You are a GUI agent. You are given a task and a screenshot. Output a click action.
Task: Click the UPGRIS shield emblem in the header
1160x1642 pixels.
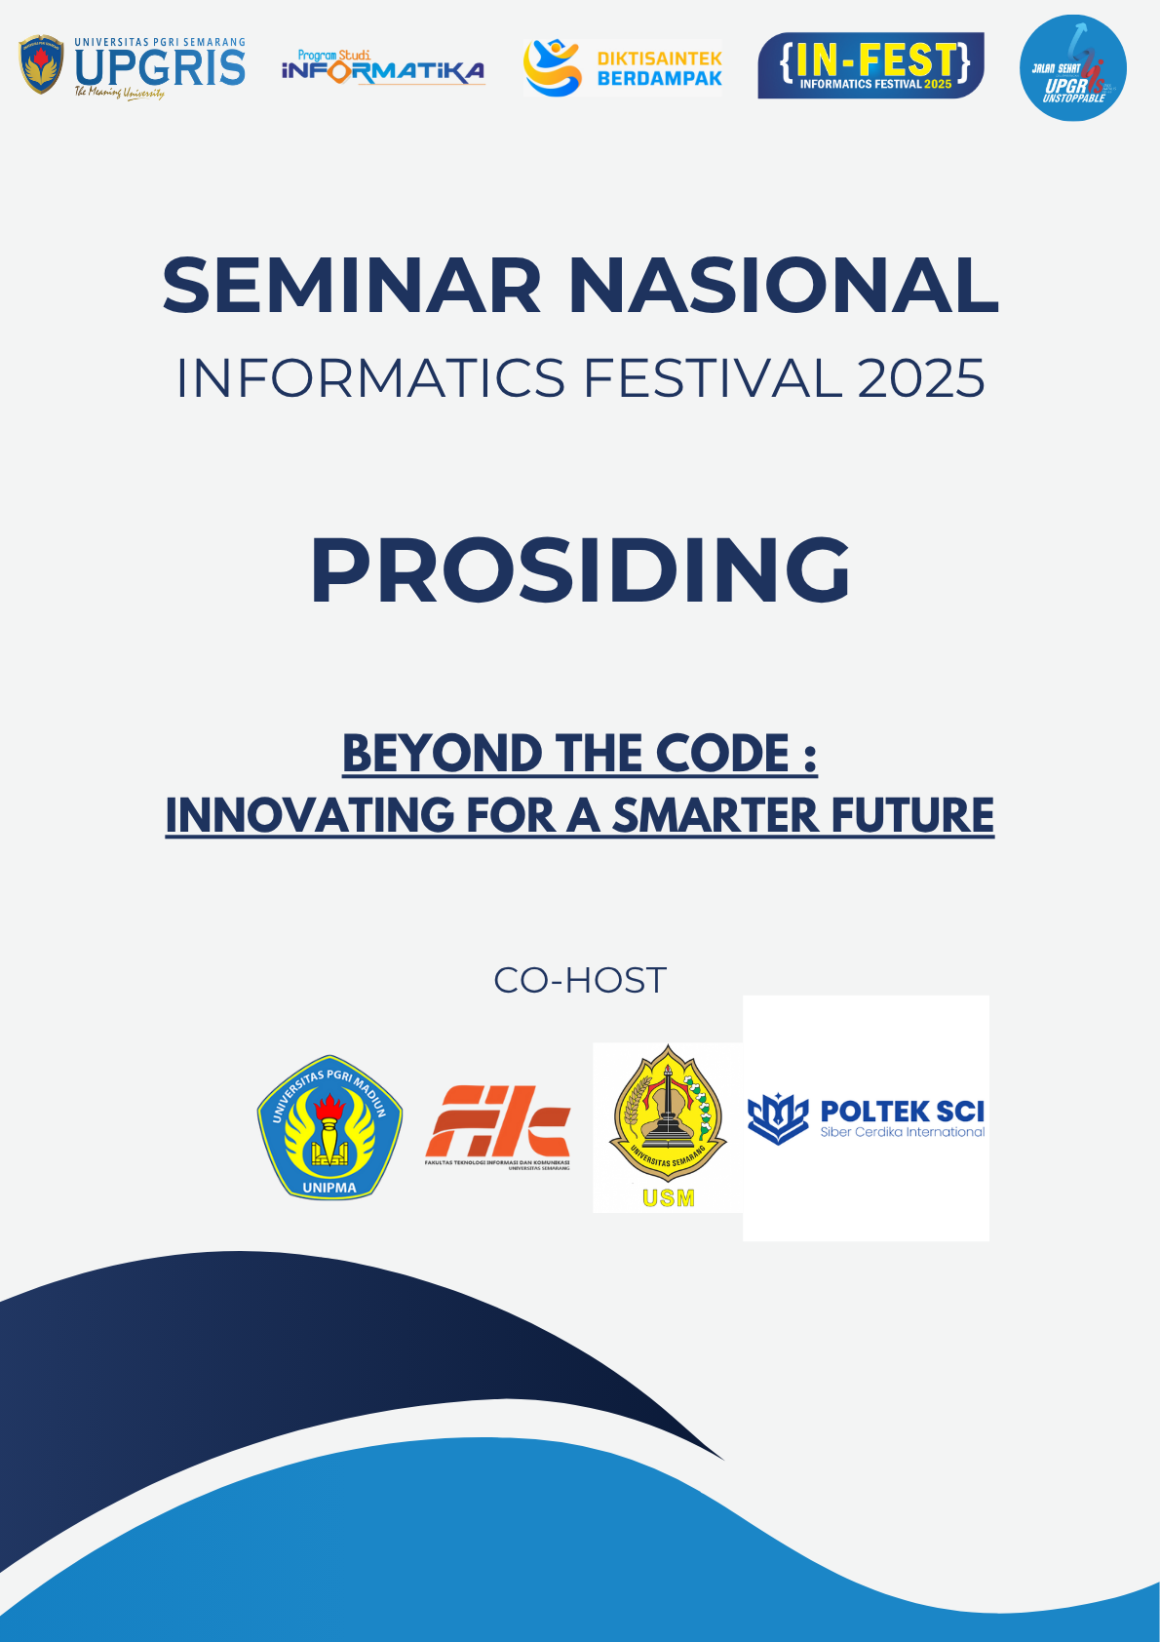click(41, 66)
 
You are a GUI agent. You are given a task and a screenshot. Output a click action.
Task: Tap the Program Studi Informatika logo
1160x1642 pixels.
click(382, 68)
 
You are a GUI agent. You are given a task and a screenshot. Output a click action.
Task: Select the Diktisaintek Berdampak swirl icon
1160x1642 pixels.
click(552, 67)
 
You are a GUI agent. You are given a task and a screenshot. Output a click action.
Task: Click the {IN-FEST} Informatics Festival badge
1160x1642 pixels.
click(870, 65)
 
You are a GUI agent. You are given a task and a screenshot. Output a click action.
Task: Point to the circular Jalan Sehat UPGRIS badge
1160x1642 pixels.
click(1072, 68)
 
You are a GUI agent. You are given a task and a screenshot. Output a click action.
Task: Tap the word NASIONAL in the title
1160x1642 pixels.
click(784, 286)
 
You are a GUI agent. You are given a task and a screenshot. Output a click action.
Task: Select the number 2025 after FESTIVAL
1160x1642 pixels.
click(921, 378)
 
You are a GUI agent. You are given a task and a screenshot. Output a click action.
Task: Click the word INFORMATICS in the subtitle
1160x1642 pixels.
click(370, 378)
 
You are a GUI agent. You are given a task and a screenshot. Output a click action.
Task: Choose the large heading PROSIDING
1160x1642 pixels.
click(580, 570)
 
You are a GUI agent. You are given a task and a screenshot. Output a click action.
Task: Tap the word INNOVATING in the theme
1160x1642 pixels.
click(309, 815)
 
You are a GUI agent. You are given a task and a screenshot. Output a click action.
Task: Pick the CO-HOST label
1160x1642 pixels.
click(580, 980)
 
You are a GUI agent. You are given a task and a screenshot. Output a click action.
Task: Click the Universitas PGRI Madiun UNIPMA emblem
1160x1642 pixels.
click(329, 1127)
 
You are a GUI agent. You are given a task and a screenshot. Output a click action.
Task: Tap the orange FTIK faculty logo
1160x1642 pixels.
click(497, 1123)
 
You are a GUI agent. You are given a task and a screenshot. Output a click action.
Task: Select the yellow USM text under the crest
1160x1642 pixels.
click(669, 1197)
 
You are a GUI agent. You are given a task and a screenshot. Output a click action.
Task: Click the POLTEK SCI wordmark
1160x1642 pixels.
click(902, 1112)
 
